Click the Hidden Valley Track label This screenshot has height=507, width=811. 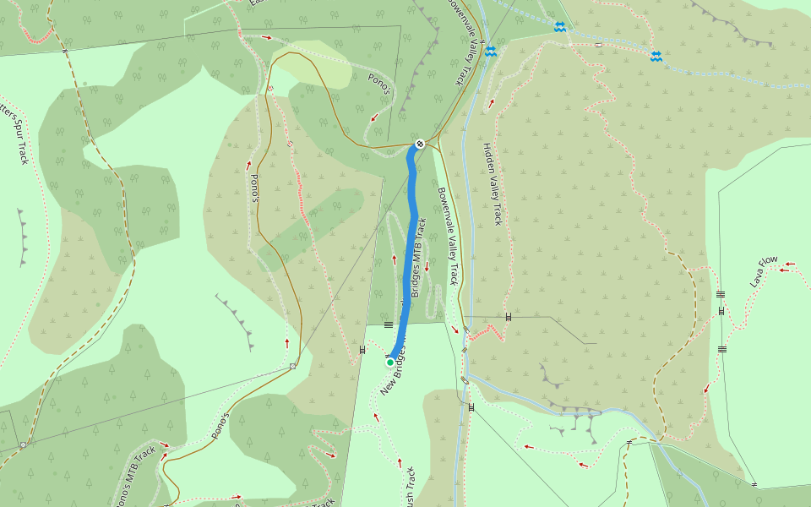coord(492,183)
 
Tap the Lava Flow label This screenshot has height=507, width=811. coord(763,272)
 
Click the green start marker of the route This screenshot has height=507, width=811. coord(390,362)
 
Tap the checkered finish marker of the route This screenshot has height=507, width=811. coord(420,144)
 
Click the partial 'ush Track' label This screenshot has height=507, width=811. coord(407,488)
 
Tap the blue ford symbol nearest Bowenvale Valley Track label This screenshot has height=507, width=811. coord(491,52)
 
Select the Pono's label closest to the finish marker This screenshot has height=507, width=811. coord(379,84)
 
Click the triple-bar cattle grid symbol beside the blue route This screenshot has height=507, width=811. coord(389,324)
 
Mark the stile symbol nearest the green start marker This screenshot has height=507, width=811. coord(363,348)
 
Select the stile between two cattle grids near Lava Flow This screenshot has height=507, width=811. coord(721,311)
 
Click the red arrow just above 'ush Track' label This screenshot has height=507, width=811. coord(400,461)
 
